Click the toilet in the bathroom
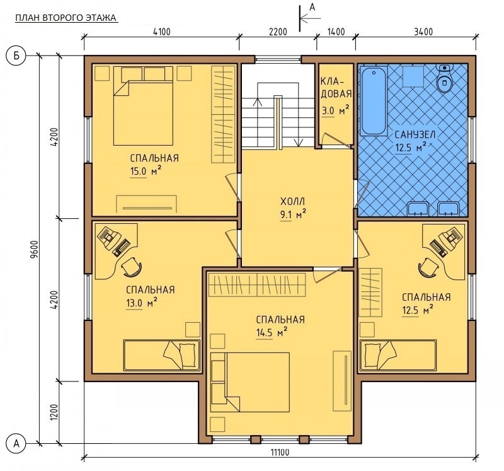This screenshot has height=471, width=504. (x=444, y=78)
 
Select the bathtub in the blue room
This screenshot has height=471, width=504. (x=374, y=102)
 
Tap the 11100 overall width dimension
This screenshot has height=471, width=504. (x=280, y=452)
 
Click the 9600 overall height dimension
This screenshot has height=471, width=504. (x=35, y=248)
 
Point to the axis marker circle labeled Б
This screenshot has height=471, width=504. (x=16, y=55)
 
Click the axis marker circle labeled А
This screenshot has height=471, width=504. (x=16, y=444)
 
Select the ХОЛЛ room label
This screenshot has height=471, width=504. (x=292, y=202)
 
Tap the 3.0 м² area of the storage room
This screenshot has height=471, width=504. (x=335, y=111)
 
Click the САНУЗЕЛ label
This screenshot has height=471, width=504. (x=415, y=134)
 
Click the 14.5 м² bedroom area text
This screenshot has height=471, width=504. (x=272, y=333)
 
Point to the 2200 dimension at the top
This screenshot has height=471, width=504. (x=278, y=32)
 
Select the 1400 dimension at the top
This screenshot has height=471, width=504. (x=336, y=32)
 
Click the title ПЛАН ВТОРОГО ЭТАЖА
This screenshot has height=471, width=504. (x=66, y=18)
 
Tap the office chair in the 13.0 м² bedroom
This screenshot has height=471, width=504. (x=132, y=267)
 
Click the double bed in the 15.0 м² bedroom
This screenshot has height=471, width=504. (x=144, y=106)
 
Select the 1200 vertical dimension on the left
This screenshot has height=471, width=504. (x=54, y=412)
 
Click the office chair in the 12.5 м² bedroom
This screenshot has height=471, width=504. (x=428, y=267)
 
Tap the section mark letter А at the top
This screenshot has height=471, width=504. (x=312, y=7)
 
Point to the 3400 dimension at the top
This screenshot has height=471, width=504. (x=423, y=32)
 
